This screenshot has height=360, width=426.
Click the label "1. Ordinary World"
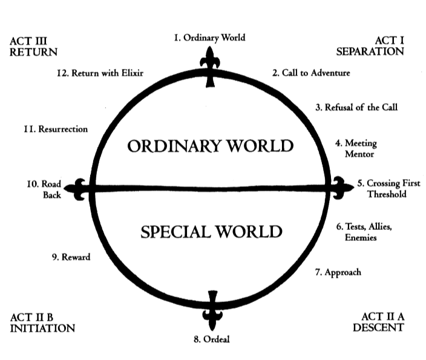209,38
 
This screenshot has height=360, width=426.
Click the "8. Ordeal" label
212,339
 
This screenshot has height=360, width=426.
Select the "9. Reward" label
71,257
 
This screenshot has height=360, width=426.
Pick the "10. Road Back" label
41,188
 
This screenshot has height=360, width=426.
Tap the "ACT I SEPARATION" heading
370,46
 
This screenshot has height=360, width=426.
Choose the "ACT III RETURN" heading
34,46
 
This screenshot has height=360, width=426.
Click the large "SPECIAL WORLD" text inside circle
211,232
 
